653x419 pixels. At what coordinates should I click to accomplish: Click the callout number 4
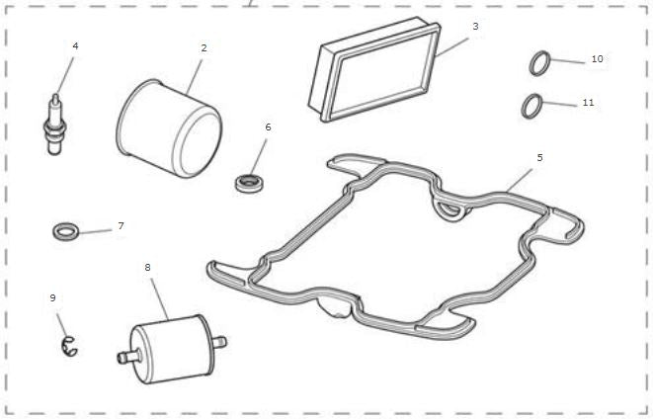pos(75,45)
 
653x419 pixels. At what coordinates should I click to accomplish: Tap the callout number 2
pos(204,47)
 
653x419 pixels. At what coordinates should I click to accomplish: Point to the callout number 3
pos(475,26)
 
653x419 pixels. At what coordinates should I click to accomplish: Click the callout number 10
pos(597,59)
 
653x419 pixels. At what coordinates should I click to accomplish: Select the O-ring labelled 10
pos(538,65)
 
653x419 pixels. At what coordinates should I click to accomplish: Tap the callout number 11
pos(588,102)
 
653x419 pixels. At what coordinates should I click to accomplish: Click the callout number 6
pos(268,127)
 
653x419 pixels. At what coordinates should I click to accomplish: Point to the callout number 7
pos(121,226)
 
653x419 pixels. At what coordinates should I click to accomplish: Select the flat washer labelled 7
pos(65,231)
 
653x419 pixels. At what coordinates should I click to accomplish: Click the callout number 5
pos(539,157)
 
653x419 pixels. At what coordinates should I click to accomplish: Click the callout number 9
pos(53,297)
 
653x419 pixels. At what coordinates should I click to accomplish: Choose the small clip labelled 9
pos(70,344)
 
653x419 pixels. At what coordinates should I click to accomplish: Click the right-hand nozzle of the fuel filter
pos(218,342)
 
